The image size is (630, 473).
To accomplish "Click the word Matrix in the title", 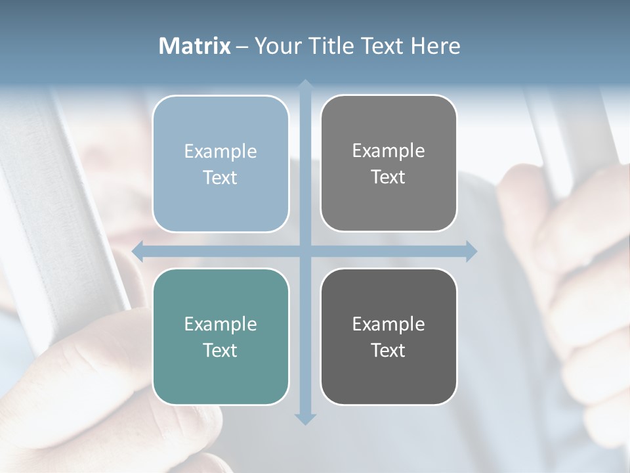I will [x=194, y=46].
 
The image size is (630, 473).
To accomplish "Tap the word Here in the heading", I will [x=435, y=46].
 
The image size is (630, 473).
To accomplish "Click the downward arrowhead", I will [x=305, y=418].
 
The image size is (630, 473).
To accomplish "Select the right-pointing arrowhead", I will [x=471, y=251].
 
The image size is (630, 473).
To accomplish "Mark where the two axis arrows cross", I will [x=305, y=251].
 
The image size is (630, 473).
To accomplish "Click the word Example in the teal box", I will [x=220, y=325].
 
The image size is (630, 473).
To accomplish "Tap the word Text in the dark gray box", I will [x=388, y=350].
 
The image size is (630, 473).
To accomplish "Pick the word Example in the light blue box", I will [x=220, y=152].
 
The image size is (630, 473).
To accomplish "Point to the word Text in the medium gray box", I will [x=388, y=177].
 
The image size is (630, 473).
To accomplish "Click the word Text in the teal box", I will [x=220, y=350].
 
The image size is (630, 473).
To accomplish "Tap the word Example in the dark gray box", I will [x=388, y=325].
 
